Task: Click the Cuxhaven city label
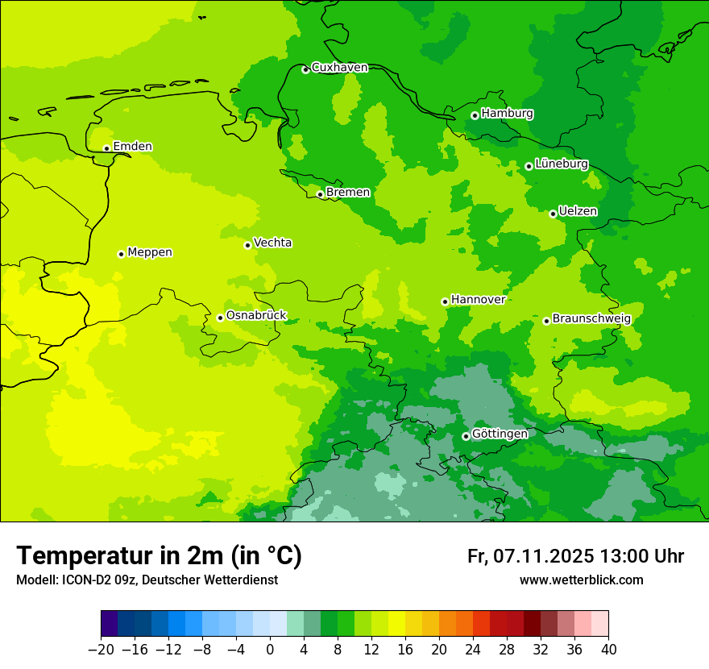(339, 68)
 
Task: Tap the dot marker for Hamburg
(475, 115)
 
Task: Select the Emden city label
(132, 146)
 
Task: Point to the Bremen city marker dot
(320, 194)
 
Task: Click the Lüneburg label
(562, 164)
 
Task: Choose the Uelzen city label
(578, 211)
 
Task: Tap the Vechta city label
(272, 243)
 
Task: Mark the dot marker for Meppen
(121, 254)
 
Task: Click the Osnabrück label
(256, 315)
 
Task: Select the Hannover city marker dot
(445, 301)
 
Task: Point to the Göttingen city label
(500, 434)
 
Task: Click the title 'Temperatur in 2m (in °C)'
(159, 556)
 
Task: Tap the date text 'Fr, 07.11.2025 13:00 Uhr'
(575, 556)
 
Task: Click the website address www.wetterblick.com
(581, 580)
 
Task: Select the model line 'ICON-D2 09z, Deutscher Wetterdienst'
(147, 580)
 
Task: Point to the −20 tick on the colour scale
(102, 650)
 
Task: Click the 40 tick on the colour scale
(608, 650)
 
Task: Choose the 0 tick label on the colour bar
(270, 650)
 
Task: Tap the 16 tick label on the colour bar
(405, 650)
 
